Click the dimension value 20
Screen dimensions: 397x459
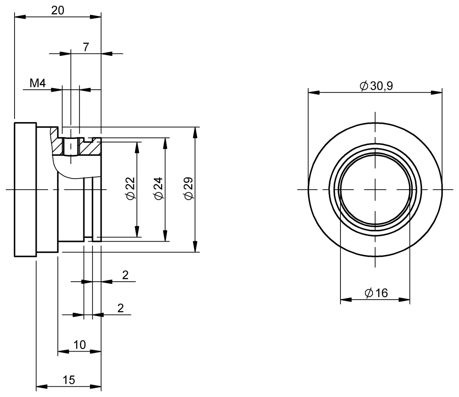(x=57, y=10)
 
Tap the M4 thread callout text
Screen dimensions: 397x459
(x=38, y=83)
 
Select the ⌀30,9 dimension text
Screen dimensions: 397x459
(x=376, y=86)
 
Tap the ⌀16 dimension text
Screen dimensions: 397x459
(x=376, y=293)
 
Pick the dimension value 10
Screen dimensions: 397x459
(x=79, y=345)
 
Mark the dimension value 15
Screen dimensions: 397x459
(x=69, y=380)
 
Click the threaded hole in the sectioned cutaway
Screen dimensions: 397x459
(x=71, y=147)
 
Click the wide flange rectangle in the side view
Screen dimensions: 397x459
(x=25, y=189)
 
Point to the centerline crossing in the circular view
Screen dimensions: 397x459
(x=375, y=189)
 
